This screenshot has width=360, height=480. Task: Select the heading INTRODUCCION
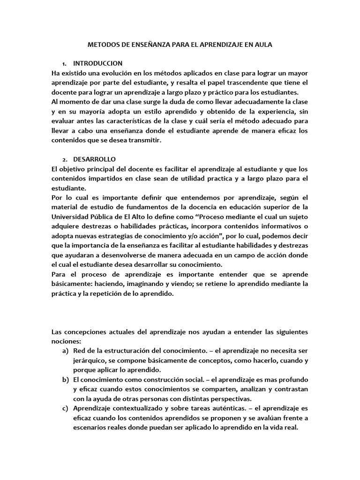click(x=98, y=63)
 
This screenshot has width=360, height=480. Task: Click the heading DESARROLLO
click(x=94, y=159)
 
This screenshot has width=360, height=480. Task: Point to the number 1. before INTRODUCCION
click(x=64, y=63)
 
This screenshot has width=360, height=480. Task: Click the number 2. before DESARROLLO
click(x=64, y=159)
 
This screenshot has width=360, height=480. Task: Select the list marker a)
click(x=65, y=351)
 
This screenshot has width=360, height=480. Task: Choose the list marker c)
click(x=65, y=408)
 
